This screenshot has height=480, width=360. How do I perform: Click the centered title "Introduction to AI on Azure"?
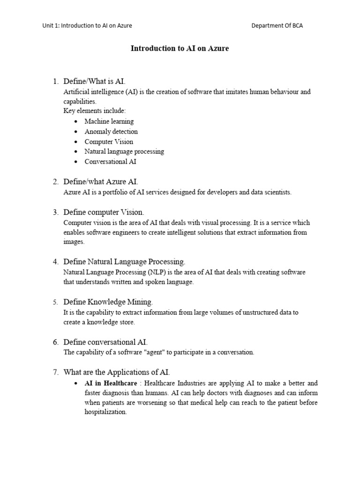[x=180, y=48]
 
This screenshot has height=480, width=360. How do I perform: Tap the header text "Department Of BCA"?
[x=277, y=26]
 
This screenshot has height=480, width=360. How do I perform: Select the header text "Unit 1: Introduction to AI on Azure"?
[x=87, y=26]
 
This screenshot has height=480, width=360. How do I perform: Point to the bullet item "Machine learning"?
[x=109, y=121]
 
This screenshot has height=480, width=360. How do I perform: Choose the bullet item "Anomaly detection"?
[x=111, y=132]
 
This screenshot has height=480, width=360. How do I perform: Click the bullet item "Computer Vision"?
[x=109, y=142]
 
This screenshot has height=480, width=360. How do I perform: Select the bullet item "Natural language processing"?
[x=124, y=151]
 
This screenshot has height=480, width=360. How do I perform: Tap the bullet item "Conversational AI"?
[x=111, y=162]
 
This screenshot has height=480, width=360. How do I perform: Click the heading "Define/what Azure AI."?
[x=101, y=181]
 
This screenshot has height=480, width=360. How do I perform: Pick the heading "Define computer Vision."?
[x=104, y=212]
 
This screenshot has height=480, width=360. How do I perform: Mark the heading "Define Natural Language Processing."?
[x=124, y=262]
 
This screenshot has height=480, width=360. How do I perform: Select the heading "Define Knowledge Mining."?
[x=108, y=301]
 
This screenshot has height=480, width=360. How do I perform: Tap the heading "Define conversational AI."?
[x=105, y=342]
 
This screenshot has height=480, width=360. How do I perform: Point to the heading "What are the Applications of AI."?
[x=117, y=373]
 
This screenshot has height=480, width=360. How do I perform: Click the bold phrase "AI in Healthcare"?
[x=111, y=383]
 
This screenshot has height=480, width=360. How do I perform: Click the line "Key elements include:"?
[x=95, y=111]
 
